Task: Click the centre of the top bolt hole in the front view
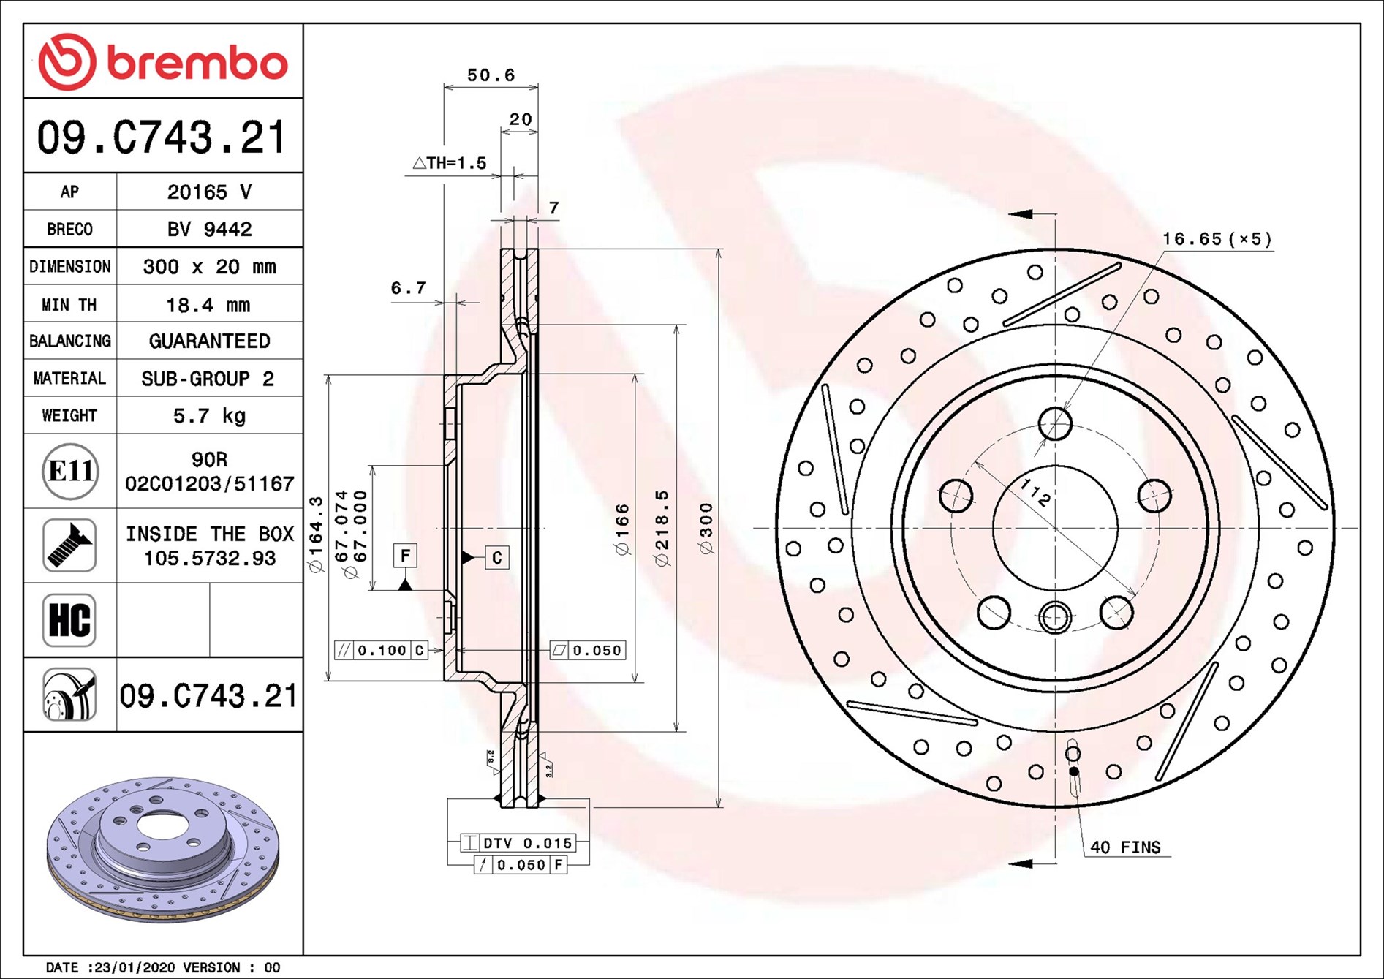[1055, 423]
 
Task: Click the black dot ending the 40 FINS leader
[1073, 771]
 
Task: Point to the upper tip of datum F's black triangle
[406, 579]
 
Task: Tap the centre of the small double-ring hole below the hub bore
[1055, 617]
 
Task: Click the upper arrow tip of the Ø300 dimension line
[719, 250]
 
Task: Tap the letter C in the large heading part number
[132, 137]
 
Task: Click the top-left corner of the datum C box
[485, 546]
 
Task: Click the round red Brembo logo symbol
[67, 62]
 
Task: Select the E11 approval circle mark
[70, 472]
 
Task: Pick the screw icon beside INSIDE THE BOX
[69, 545]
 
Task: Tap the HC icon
[69, 620]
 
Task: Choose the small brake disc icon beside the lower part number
[69, 695]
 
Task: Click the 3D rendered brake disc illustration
[163, 848]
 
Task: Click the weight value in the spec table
[209, 416]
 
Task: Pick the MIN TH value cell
[208, 304]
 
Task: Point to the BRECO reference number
[209, 230]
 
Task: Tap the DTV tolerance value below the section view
[548, 843]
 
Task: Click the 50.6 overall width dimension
[491, 75]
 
